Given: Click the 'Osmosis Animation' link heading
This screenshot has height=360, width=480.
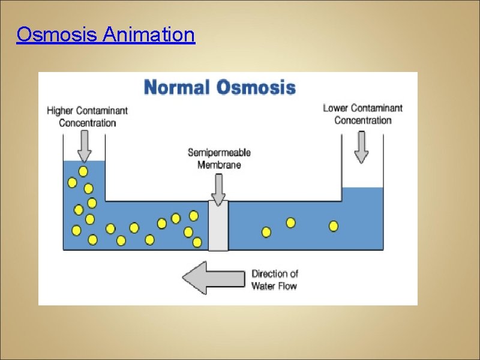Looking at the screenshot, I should point(106,35).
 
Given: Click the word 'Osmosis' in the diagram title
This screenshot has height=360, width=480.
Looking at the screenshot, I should point(256,88).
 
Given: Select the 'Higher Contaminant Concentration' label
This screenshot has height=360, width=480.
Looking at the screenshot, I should point(87,116).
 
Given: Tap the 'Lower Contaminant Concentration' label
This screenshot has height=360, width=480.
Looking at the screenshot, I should point(362,114).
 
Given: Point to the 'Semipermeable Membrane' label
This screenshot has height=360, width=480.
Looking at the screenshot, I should point(219,158).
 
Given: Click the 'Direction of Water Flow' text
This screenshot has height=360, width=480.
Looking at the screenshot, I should point(274,280).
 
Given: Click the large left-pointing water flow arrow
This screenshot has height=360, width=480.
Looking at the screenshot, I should point(213,278).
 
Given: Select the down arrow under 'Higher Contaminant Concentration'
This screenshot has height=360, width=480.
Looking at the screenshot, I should point(85,146).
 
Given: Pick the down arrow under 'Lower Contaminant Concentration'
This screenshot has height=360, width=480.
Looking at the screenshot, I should point(361,147).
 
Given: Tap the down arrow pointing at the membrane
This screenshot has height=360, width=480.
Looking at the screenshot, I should point(218,190).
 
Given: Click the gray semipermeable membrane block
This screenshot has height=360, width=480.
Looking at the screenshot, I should point(218,226).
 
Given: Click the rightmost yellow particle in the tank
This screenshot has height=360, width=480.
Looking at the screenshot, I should point(334,226).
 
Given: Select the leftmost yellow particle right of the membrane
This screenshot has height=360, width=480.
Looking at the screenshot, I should point(266,232).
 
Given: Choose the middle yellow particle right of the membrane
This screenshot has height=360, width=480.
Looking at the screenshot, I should point(290,223).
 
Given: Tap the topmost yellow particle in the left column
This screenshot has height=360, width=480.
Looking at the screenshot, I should point(83,172).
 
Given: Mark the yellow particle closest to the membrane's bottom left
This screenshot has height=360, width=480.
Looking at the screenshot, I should point(197,242).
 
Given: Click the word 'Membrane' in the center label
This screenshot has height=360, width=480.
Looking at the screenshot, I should point(219,164).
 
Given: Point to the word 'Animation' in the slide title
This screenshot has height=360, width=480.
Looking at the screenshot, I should point(149,35).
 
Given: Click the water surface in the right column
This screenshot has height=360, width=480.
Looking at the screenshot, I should point(362,188).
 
